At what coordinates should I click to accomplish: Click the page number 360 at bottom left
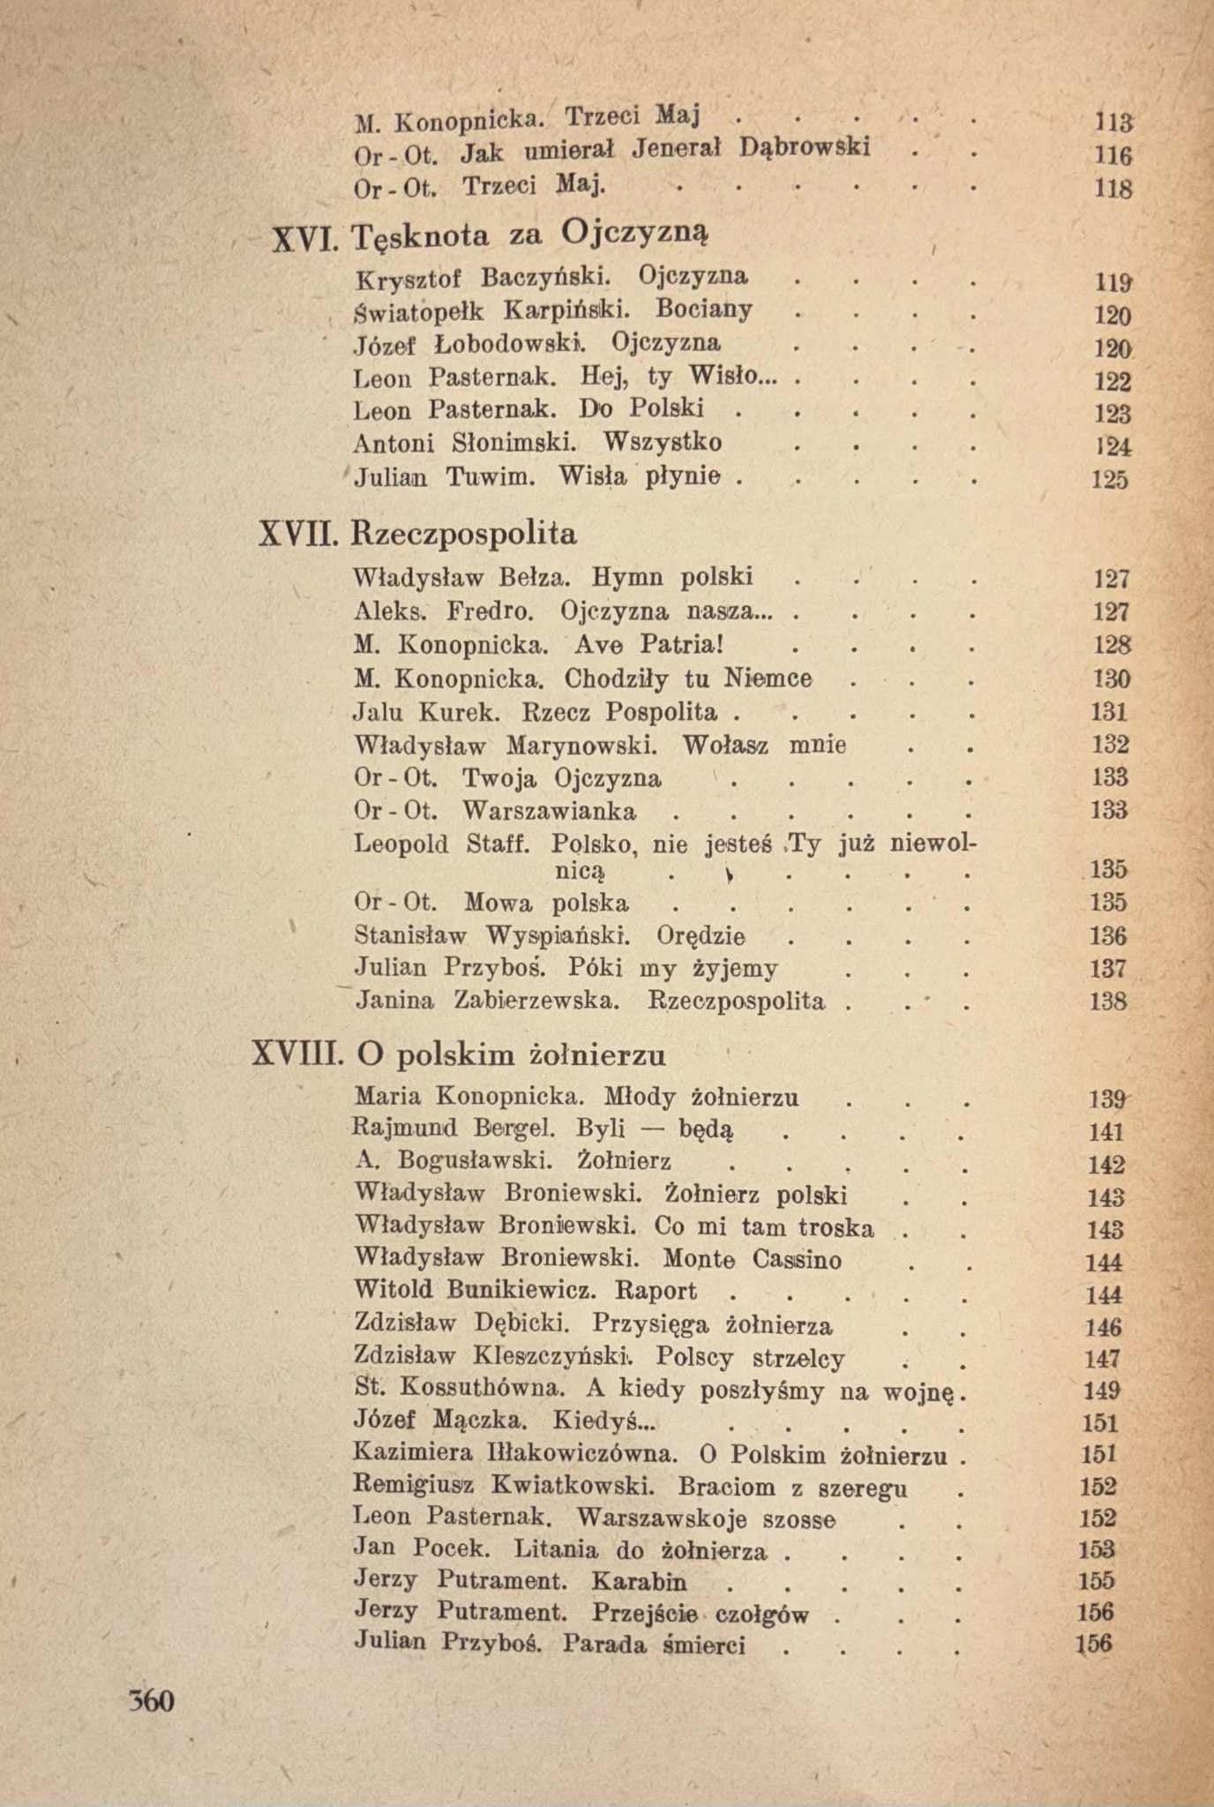click(x=152, y=1700)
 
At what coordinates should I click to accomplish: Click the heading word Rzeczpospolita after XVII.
click(x=464, y=534)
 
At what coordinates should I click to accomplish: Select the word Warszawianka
click(x=549, y=810)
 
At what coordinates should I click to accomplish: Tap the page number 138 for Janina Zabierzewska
click(x=1109, y=1002)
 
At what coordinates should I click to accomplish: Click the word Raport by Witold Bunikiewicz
click(x=655, y=1292)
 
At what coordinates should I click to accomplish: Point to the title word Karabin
click(x=640, y=1580)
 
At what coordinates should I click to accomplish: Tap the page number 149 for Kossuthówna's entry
click(x=1102, y=1391)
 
